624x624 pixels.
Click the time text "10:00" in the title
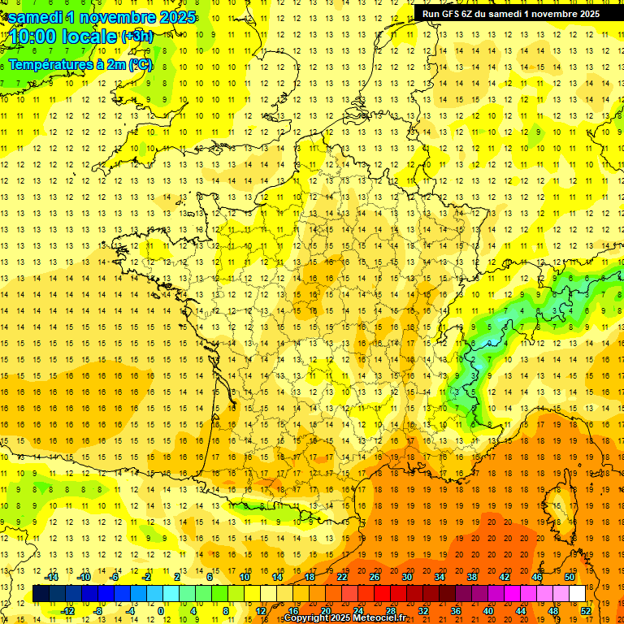click(37, 37)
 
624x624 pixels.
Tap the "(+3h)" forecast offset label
click(136, 36)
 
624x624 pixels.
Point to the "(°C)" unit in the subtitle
click(140, 64)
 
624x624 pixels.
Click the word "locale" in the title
click(92, 37)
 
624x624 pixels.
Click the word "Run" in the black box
click(430, 13)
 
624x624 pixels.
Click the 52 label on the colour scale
click(586, 611)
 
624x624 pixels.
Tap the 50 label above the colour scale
click(570, 577)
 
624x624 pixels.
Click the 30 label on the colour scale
click(407, 577)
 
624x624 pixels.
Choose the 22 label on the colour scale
click(342, 577)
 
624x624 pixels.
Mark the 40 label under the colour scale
click(488, 611)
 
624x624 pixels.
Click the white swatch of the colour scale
click(578, 594)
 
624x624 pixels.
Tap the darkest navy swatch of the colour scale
click(41, 594)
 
